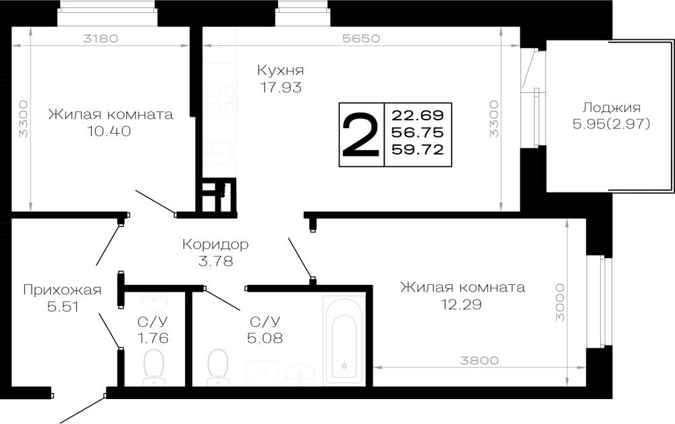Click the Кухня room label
tap(280, 70)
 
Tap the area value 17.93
tap(281, 87)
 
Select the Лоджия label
tap(612, 107)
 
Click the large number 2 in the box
tap(361, 134)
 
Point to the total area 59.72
tap(418, 149)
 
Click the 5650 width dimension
tap(361, 38)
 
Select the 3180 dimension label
tap(101, 38)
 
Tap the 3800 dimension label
tap(479, 361)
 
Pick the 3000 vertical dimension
tap(560, 302)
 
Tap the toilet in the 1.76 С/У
tap(153, 367)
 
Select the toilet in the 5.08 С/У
tap(218, 367)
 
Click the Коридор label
tap(215, 244)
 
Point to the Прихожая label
tap(62, 290)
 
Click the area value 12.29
tap(461, 304)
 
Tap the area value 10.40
tap(109, 131)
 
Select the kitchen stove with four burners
tap(221, 99)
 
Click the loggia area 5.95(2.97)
tap(611, 124)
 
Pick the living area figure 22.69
tap(418, 115)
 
